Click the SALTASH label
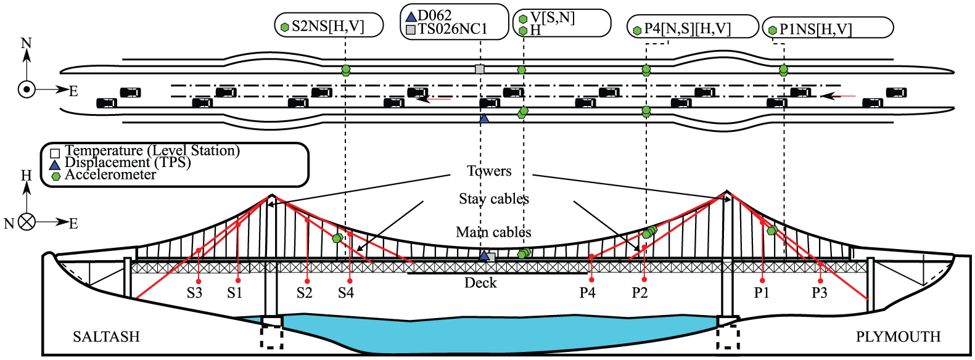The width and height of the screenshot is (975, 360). (x=106, y=337)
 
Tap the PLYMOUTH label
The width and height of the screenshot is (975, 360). (x=899, y=337)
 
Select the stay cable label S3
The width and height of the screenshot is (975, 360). (x=194, y=293)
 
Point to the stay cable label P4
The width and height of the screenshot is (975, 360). (x=587, y=293)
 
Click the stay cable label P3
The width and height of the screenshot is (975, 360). (x=819, y=293)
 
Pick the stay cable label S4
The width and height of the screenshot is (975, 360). (x=346, y=293)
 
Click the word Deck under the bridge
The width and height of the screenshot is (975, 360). (x=480, y=283)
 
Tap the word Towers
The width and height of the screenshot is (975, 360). (x=489, y=171)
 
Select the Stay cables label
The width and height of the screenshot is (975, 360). (x=494, y=199)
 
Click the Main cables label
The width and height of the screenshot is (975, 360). (x=493, y=232)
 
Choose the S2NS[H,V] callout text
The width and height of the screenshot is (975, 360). (x=327, y=26)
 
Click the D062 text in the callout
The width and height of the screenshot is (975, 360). (x=434, y=15)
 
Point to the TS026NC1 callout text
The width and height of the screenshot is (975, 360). (x=453, y=29)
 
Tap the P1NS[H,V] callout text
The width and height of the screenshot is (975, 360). (x=815, y=29)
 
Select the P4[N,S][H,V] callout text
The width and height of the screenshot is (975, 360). (x=687, y=29)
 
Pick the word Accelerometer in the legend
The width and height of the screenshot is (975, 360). (x=110, y=175)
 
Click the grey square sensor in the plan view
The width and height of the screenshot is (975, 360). (x=480, y=69)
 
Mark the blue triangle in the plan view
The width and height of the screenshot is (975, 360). (x=484, y=118)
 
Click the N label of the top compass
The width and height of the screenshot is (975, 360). (x=27, y=44)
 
